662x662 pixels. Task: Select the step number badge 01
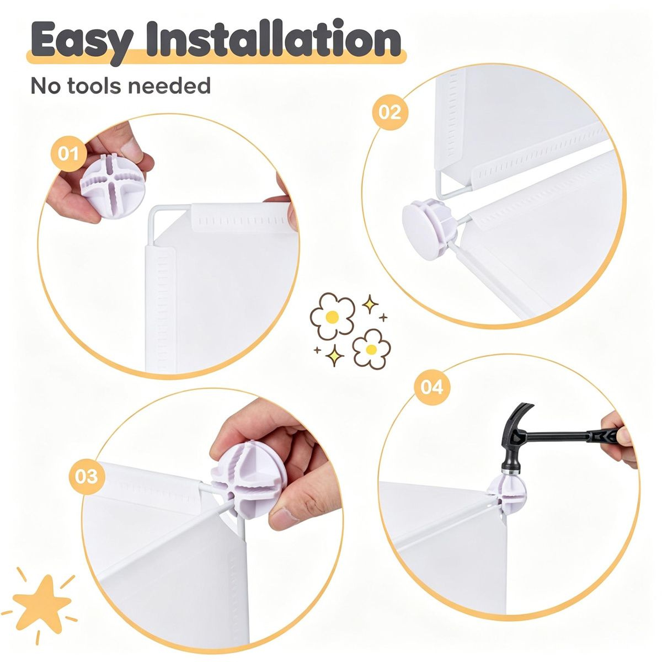68,153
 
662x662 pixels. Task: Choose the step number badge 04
432,387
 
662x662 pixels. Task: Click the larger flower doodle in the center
332,316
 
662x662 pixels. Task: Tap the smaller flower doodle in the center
371,349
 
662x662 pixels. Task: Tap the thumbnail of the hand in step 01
132,150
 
